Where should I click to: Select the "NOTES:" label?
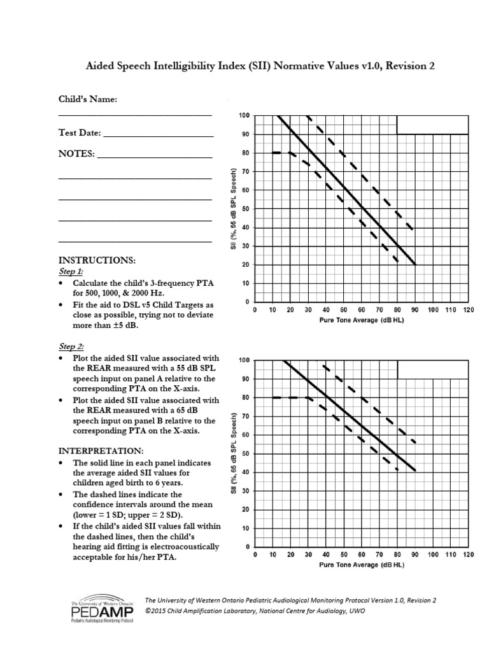(76, 153)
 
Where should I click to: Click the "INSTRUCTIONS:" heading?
(96, 261)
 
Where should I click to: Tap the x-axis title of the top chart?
(361, 320)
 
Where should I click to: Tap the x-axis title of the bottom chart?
(361, 565)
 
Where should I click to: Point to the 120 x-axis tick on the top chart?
(469, 310)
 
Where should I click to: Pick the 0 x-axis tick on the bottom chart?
(255, 555)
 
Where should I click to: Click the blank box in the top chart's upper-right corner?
(432, 125)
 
